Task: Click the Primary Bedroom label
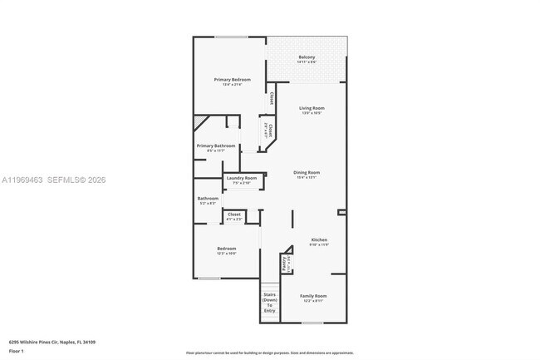(232, 80)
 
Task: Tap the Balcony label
(307, 57)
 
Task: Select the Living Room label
(312, 108)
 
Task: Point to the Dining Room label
(307, 172)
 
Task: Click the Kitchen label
(319, 239)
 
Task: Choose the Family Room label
(313, 296)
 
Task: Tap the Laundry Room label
(241, 178)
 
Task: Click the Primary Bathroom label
(215, 146)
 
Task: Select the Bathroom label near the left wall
(208, 198)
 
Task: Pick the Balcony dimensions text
(307, 62)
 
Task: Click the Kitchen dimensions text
(319, 244)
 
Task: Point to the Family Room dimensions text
(313, 301)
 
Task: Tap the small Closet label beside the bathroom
(234, 215)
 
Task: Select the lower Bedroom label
(227, 249)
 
